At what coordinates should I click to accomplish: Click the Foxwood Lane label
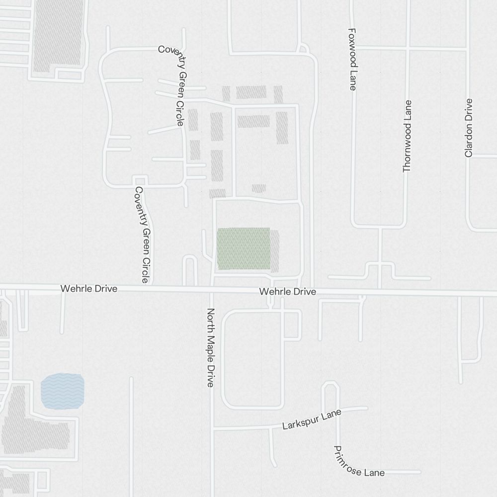(x=352, y=59)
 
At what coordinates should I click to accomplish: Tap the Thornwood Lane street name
(x=408, y=136)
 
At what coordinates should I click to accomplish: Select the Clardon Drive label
(x=468, y=128)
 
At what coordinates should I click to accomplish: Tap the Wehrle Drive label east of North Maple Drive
(x=287, y=292)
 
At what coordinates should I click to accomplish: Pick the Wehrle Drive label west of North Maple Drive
(x=89, y=288)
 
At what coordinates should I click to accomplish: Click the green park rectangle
(x=244, y=248)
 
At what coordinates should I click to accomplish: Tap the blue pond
(x=62, y=391)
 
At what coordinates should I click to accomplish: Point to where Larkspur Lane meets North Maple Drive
(x=212, y=428)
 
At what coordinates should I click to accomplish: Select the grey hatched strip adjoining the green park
(x=274, y=250)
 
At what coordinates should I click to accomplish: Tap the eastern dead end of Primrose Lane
(x=420, y=472)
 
